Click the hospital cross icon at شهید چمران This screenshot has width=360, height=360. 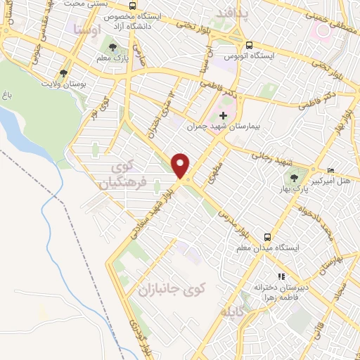pos(224,115)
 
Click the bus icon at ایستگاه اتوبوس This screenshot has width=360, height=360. pos(229,41)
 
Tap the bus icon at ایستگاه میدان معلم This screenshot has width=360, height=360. pos(267,237)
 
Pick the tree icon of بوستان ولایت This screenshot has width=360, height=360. pos(64,72)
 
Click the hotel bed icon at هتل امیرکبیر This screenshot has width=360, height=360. pos(331,170)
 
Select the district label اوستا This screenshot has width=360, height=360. pos(86,29)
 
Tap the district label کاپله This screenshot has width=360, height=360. pos(234,310)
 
